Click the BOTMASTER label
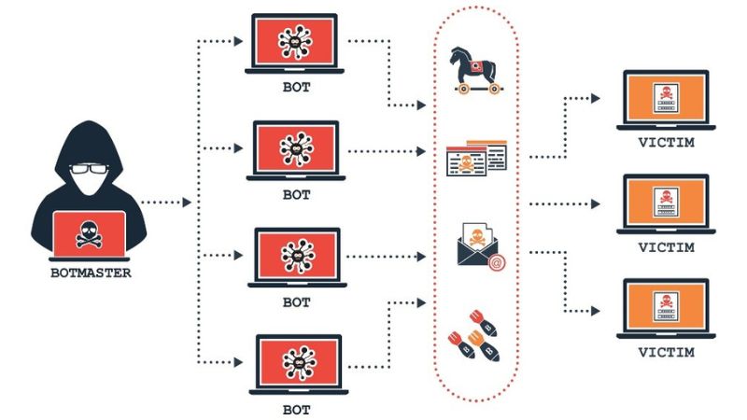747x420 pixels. [91, 273]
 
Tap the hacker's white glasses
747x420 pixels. [90, 170]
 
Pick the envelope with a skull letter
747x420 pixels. [479, 246]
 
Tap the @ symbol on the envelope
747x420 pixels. [498, 264]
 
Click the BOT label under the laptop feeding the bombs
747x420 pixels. [296, 409]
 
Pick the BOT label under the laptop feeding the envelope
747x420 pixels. [296, 302]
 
